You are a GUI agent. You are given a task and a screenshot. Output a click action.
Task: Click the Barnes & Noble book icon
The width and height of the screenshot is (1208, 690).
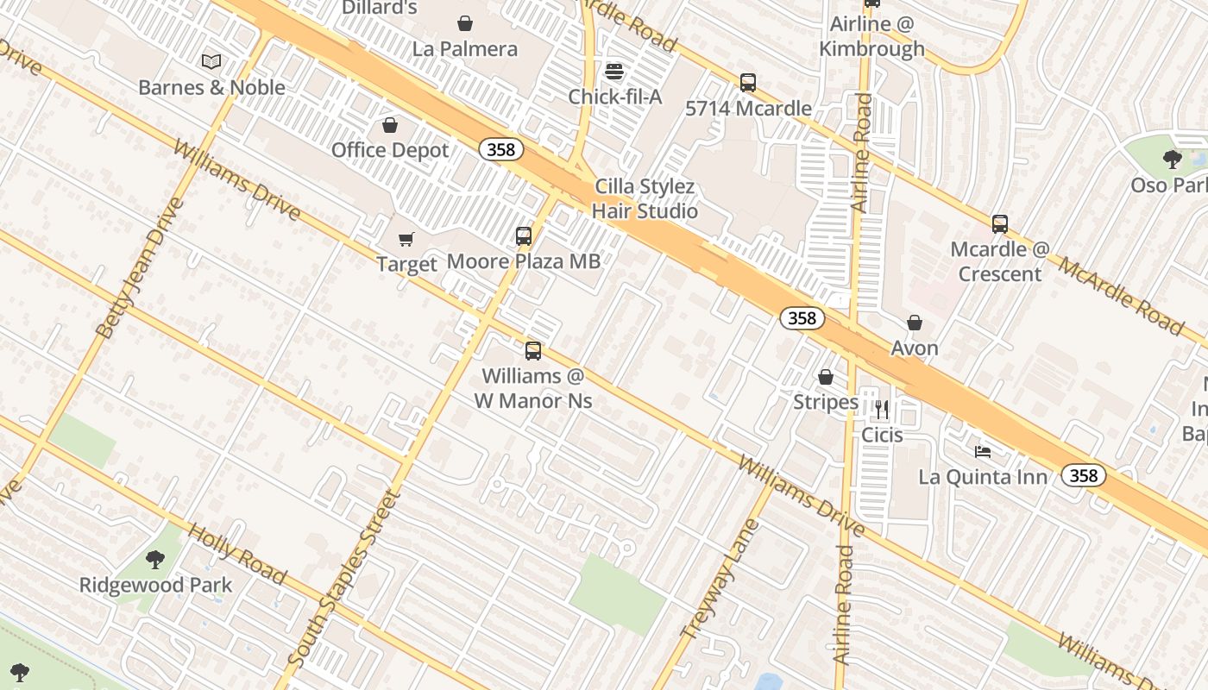211,61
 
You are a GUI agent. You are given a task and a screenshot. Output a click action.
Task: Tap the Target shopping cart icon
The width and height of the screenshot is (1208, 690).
406,239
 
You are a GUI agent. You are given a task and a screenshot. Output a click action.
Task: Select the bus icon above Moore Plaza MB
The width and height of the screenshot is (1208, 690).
524,235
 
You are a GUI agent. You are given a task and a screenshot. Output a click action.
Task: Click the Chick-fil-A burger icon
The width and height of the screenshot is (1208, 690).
614,71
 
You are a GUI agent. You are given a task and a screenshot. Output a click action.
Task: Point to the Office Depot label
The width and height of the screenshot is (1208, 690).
390,150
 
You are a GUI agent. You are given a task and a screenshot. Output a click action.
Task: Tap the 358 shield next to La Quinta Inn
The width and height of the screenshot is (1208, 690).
1083,475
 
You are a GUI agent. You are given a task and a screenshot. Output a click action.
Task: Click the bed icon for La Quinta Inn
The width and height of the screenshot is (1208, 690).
983,451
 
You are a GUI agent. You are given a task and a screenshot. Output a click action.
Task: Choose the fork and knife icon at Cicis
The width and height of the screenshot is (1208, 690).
882,409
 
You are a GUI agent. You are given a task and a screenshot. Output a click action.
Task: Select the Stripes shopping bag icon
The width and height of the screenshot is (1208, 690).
826,377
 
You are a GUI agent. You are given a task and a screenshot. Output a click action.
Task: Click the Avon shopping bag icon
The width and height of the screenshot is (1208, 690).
915,323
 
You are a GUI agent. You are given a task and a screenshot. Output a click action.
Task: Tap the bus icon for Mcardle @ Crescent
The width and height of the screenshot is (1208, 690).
1000,224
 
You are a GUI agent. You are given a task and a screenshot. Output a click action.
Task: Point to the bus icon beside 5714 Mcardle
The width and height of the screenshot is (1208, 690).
748,83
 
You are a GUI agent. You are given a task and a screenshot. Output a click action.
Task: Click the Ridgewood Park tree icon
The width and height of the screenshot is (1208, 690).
155,560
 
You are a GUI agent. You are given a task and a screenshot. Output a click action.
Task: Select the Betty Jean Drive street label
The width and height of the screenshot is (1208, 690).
140,268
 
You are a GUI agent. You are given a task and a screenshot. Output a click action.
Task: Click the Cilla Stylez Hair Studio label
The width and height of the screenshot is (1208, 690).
645,198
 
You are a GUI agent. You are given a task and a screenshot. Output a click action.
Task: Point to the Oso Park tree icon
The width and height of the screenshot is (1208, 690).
1172,159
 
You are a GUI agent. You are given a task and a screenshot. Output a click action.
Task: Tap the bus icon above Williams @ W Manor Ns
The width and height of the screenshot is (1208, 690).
533,351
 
